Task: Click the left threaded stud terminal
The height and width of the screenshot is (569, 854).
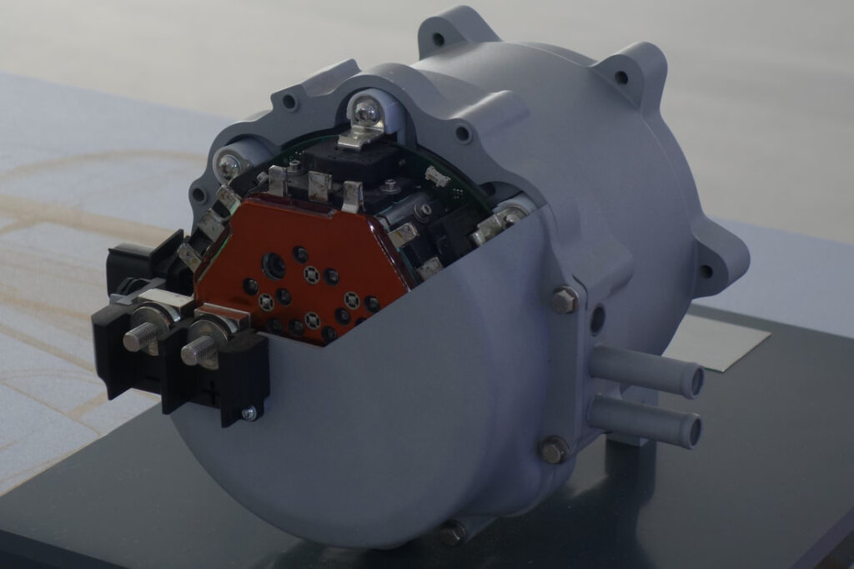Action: click(138, 337)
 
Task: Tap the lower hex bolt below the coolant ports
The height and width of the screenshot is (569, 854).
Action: click(553, 450)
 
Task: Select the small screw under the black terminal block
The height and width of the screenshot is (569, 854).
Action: click(249, 413)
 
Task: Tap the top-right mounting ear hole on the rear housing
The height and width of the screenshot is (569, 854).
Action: click(621, 78)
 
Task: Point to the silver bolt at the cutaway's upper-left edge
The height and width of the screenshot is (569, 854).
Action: click(228, 165)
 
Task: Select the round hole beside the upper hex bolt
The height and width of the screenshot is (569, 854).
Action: click(597, 320)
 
